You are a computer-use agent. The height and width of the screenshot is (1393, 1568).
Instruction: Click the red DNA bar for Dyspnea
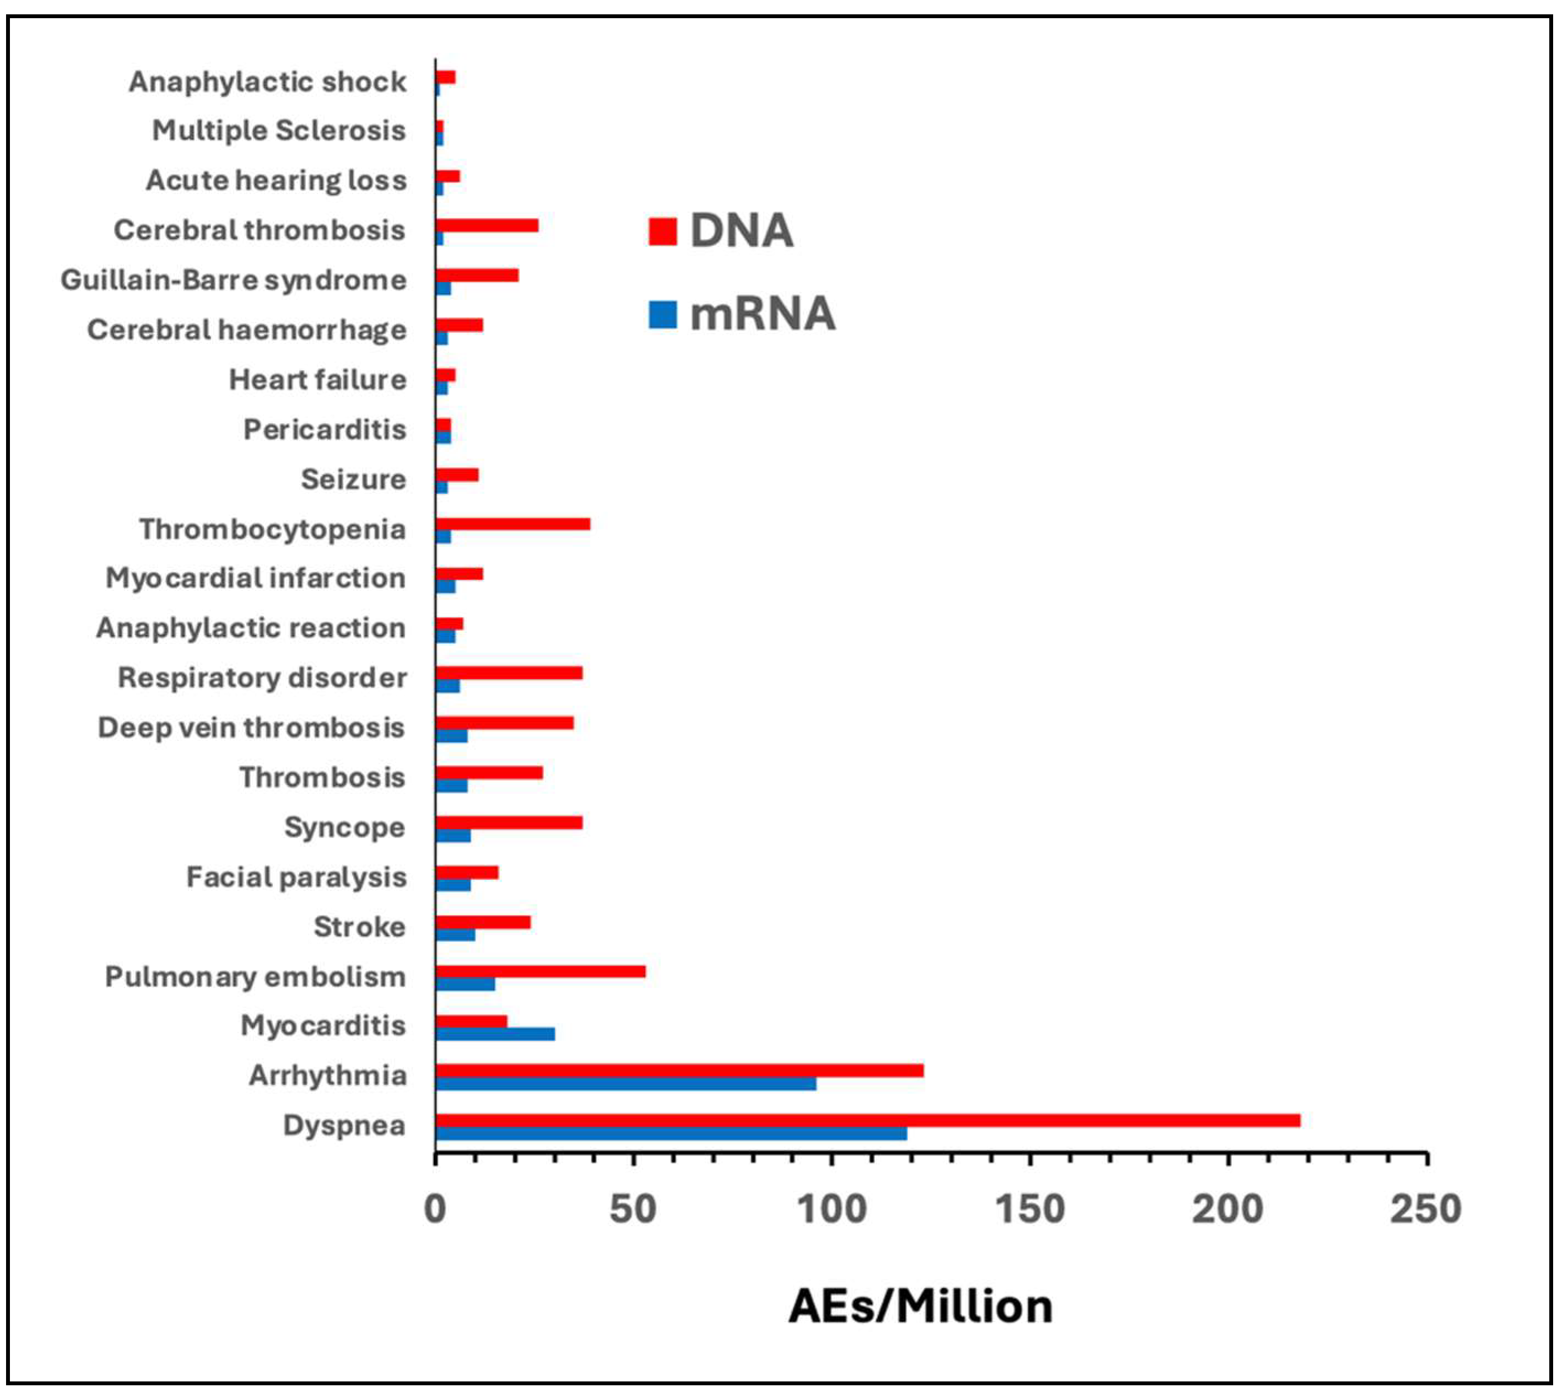(x=867, y=1120)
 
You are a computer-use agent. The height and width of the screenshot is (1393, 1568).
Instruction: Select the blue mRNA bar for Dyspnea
(x=671, y=1133)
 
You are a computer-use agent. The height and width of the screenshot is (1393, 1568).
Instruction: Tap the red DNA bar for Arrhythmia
(x=679, y=1070)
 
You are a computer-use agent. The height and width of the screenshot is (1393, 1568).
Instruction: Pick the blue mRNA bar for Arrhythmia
(x=625, y=1084)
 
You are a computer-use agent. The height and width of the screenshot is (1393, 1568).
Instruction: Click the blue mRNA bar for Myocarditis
(x=495, y=1034)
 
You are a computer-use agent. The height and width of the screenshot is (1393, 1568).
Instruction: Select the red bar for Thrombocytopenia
(x=512, y=524)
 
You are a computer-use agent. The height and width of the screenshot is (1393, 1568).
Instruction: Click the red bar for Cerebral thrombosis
(x=486, y=225)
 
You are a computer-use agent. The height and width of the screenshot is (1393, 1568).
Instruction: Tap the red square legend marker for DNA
(x=662, y=231)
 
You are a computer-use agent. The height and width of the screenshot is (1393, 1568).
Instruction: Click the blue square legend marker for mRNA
(x=662, y=314)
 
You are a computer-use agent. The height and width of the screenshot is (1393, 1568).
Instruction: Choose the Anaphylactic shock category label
(x=267, y=82)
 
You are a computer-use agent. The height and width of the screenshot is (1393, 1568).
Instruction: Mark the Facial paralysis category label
(x=296, y=876)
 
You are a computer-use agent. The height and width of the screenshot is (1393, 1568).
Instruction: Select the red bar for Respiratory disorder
(x=509, y=673)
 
